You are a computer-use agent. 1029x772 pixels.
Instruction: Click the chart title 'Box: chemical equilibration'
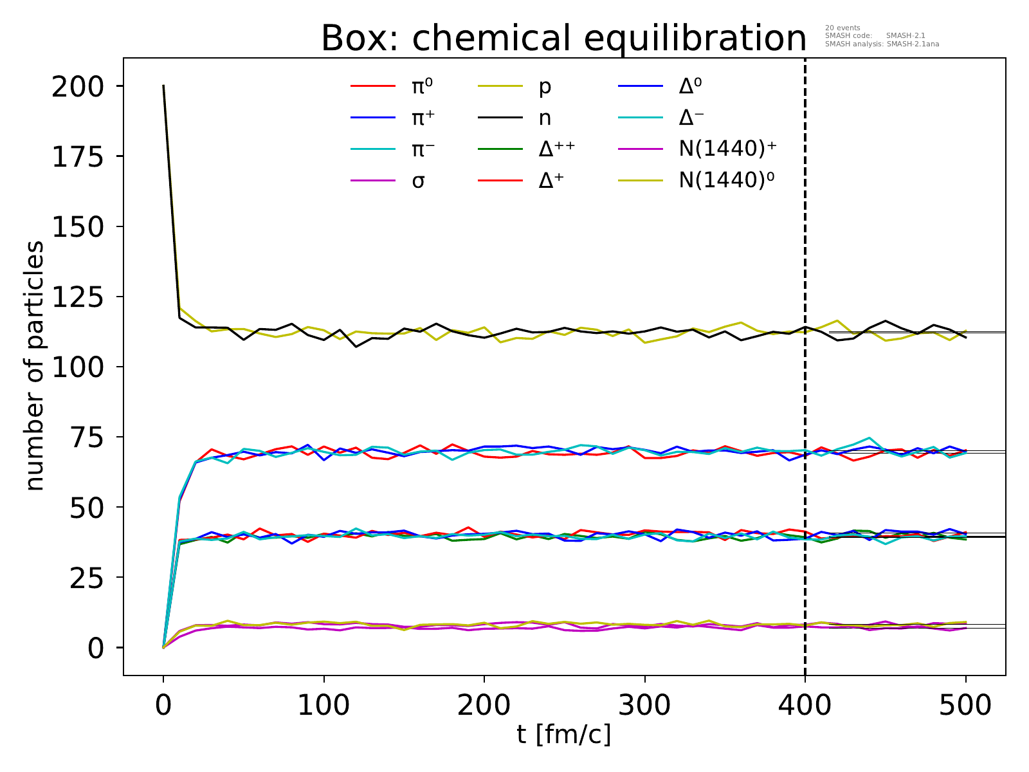(x=563, y=39)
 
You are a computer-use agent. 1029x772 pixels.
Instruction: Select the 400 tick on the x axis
(x=805, y=706)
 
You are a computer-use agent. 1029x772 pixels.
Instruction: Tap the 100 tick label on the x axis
(x=323, y=706)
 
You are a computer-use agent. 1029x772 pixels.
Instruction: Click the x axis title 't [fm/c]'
(x=564, y=734)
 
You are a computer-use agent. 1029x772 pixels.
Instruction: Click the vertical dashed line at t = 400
(x=805, y=386)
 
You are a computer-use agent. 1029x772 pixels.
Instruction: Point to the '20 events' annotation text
(x=842, y=28)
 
